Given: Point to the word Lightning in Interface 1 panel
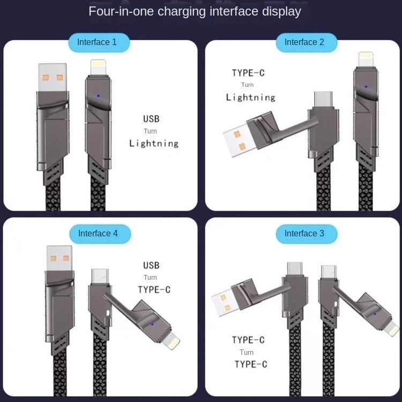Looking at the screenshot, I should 154,144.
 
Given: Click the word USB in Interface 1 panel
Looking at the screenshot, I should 151,119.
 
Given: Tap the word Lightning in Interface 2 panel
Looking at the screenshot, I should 250,98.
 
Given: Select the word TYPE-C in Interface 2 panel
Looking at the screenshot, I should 248,73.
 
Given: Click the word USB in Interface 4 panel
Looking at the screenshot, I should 151,265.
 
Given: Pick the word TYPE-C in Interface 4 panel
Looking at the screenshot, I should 154,290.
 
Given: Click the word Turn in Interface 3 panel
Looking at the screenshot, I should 247,352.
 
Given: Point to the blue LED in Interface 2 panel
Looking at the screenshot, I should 366,86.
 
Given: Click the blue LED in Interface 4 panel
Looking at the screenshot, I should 153,324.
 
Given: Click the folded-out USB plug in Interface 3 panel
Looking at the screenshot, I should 225,303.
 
